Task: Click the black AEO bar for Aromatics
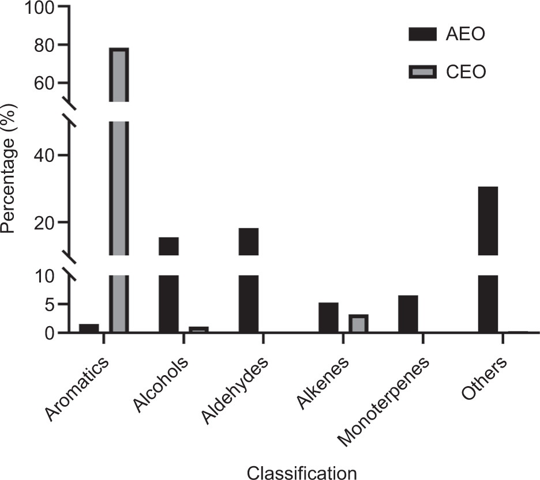click(89, 328)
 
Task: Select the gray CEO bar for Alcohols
click(198, 330)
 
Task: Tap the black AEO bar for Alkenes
click(328, 318)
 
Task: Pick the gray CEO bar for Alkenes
click(358, 323)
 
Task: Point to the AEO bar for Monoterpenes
click(408, 314)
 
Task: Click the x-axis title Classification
click(302, 473)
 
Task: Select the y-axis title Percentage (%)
click(8, 171)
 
